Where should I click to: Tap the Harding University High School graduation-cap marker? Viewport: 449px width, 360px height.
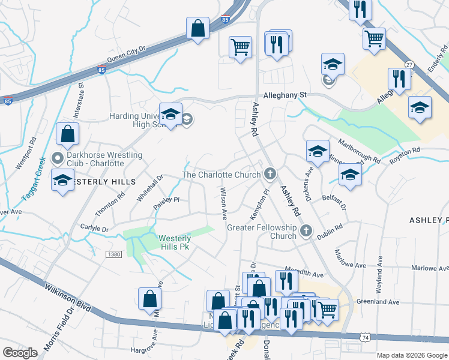[x=170, y=114]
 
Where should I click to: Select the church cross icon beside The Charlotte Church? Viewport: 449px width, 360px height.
[x=270, y=175]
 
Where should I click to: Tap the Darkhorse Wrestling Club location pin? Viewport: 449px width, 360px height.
[x=58, y=159]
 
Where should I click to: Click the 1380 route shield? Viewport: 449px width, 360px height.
[x=113, y=254]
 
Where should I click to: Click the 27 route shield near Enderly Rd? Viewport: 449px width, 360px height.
[x=409, y=64]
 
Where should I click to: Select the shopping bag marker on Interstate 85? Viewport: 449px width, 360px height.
[x=197, y=28]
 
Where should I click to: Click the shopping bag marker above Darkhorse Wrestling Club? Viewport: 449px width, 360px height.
[x=68, y=134]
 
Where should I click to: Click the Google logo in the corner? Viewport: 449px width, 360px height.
[x=20, y=353]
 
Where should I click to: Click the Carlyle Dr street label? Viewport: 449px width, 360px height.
[x=94, y=229]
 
